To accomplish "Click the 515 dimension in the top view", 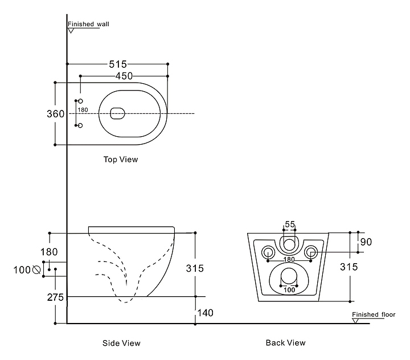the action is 118,64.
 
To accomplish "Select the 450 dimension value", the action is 124,76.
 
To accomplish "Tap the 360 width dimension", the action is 55,114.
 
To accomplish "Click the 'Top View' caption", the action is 121,159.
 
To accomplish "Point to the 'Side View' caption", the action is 121,343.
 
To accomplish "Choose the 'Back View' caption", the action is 285,343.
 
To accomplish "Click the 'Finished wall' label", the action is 88,24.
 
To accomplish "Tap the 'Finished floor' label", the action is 374,314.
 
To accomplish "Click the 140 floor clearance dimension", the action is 205,313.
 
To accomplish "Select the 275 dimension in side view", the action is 55,297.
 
